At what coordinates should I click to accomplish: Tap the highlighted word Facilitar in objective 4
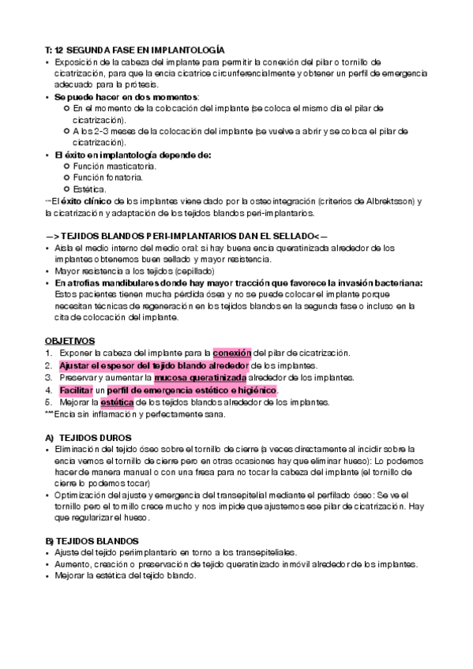point(76,391)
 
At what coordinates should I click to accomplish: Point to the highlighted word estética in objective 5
point(118,402)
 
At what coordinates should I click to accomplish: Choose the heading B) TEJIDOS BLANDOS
point(95,540)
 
